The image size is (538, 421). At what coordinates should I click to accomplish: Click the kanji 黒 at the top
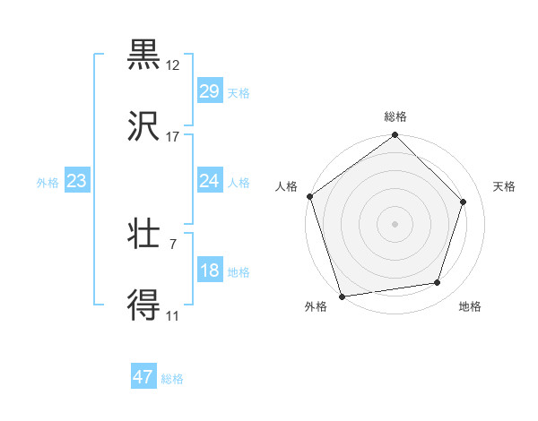[x=144, y=55]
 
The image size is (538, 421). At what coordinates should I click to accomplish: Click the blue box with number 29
[x=210, y=91]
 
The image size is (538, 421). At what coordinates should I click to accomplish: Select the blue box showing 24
[x=210, y=182]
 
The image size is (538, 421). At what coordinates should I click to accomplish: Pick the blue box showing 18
[x=210, y=271]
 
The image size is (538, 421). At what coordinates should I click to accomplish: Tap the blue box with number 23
[x=77, y=182]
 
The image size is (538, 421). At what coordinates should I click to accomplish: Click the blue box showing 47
[x=143, y=377]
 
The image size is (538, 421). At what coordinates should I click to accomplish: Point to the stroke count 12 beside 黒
[x=173, y=65]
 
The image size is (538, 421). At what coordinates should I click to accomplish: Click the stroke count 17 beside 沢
[x=173, y=137]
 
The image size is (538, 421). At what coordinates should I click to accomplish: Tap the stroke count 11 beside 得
[x=173, y=316]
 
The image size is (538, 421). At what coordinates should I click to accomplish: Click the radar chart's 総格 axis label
[x=395, y=116]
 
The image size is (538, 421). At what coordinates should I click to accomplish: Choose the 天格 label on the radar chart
[x=505, y=186]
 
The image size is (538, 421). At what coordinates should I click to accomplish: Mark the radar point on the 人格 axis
[x=310, y=196]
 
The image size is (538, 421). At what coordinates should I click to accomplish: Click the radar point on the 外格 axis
[x=342, y=296]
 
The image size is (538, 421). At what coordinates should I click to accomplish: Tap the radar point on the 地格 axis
[x=438, y=282]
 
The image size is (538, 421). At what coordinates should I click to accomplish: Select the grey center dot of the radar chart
[x=395, y=223]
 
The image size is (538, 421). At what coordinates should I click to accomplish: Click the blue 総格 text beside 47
[x=172, y=379]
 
